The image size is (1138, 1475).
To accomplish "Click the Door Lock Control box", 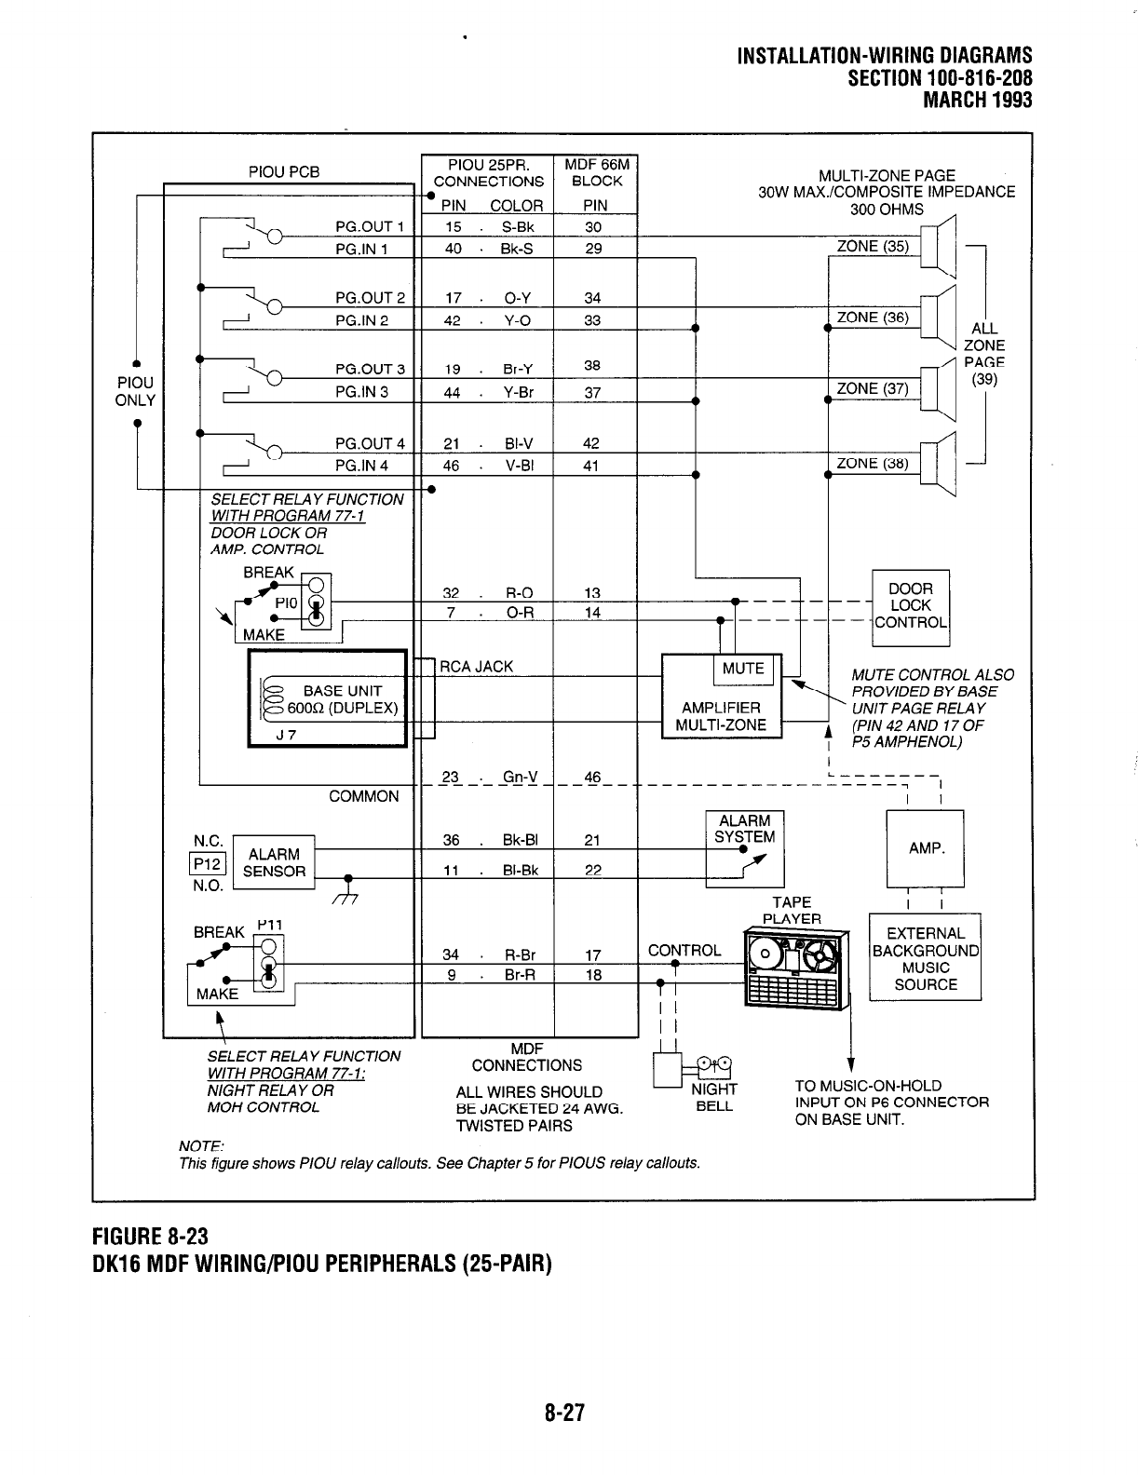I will pos(910,606).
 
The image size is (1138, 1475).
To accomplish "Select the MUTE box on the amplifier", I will pos(742,669).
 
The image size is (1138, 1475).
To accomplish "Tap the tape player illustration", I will pos(796,968).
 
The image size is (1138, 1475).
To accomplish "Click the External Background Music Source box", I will pos(925,958).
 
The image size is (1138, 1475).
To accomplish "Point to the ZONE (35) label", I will pos(873,247).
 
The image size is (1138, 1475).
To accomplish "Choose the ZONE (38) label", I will pos(873,464).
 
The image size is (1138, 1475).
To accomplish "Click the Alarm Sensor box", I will pos(274,863).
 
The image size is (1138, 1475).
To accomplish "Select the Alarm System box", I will pos(745,847).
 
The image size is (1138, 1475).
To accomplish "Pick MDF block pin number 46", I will pos(592,778).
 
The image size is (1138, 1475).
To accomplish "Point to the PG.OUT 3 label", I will pos(370,370).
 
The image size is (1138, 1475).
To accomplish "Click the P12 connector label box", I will pos(203,863).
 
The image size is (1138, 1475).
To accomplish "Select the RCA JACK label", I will pos(476,667).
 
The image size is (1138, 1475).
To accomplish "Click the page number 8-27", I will pos(564,1414).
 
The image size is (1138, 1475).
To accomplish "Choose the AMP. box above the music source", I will pos(926,848).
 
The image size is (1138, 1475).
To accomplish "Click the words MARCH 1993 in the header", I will pos(977,100).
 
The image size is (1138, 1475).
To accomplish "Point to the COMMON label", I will pos(363,797).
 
